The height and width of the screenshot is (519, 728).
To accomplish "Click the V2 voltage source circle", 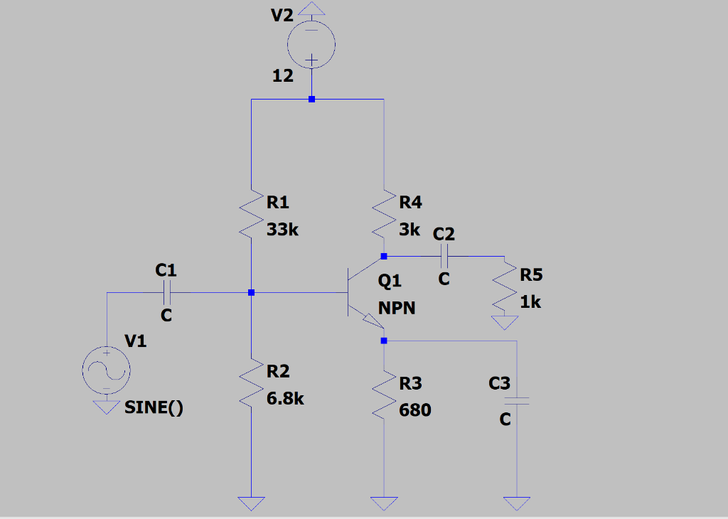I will point(311,45).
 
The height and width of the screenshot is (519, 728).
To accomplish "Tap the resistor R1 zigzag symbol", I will point(252,216).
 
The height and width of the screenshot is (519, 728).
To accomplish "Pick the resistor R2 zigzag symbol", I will point(252,385).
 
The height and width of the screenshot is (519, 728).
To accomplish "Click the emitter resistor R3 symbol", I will point(384,397).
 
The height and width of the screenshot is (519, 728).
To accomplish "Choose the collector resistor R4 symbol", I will point(384,216).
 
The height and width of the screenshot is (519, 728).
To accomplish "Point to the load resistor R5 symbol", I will point(505,289).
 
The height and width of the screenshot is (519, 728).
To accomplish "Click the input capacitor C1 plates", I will point(166,291).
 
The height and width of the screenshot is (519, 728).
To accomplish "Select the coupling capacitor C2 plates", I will point(444,255).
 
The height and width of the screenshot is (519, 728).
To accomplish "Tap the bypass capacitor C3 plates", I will point(518,401).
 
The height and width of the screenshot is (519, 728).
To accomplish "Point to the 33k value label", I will point(284,231).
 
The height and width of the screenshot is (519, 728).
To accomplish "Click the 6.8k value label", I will point(286,399).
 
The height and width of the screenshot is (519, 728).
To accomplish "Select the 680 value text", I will point(415,411).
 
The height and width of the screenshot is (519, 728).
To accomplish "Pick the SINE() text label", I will point(154,408).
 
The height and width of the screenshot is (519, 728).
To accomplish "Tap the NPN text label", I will point(397,309).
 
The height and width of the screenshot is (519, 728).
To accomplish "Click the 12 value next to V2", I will point(283,76).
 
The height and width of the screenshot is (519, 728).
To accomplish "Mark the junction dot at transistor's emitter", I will point(384,341).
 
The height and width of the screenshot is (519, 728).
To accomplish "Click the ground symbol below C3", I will point(518,503).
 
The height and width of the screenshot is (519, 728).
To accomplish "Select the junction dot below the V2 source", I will point(311,100).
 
